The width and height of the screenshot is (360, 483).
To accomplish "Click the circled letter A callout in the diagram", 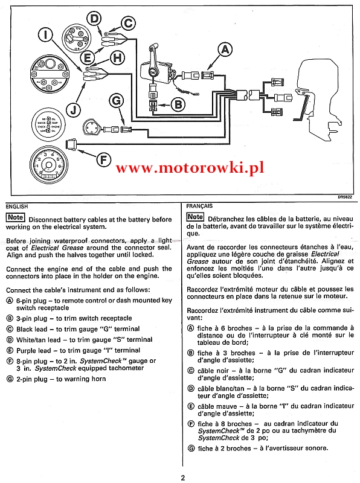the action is (x=225, y=50).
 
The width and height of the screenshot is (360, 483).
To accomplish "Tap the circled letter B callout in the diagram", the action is (x=178, y=104).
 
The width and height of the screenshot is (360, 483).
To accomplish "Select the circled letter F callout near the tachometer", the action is (x=104, y=160).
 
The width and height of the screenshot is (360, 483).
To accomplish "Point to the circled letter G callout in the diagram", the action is (x=117, y=101).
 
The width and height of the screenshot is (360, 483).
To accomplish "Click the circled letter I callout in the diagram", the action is (x=46, y=34).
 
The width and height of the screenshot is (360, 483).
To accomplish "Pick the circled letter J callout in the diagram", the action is (x=73, y=110).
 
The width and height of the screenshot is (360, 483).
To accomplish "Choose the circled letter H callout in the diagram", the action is (x=117, y=58).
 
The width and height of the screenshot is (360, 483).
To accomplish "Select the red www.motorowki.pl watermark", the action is (x=190, y=168).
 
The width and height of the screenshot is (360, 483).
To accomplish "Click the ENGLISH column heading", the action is (x=17, y=206).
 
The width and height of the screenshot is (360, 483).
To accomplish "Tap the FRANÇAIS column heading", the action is (x=199, y=206).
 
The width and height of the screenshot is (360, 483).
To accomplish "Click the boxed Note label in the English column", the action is (x=16, y=217).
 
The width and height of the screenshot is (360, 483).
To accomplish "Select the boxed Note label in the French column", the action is (x=196, y=217).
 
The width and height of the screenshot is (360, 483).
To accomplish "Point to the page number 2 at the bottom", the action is (x=183, y=478).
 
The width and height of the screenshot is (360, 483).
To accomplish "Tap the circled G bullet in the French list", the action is (x=191, y=449).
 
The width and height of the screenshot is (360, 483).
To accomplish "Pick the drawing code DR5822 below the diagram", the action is (x=345, y=197).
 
